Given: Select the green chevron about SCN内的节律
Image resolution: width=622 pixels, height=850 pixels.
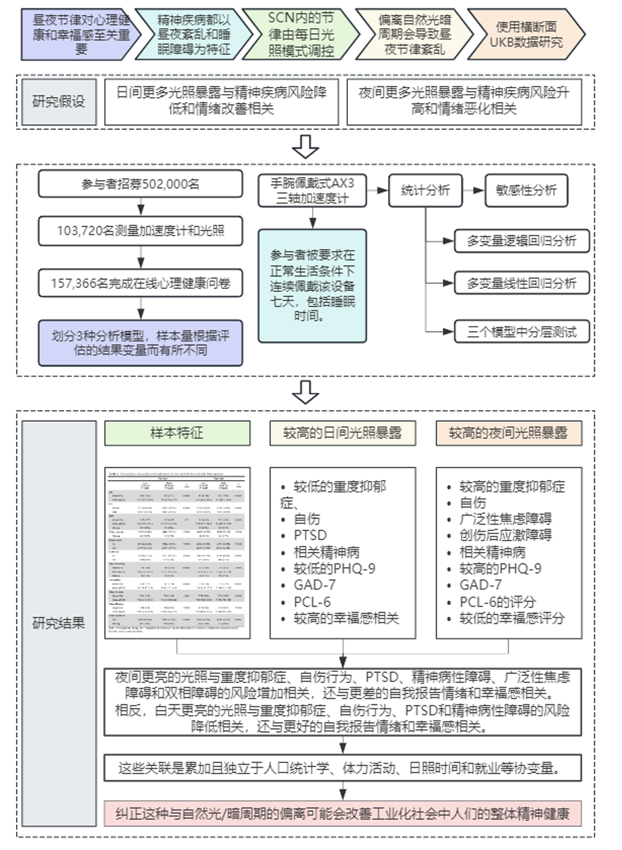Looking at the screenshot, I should tap(301, 34).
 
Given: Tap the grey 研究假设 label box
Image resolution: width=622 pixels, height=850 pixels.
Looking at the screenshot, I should tap(58, 101).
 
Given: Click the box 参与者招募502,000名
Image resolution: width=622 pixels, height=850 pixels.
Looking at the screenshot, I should tap(140, 184).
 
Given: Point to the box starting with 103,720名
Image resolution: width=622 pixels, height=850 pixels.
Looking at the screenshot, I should tap(140, 231).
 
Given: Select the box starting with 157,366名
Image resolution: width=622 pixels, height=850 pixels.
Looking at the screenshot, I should tap(140, 283).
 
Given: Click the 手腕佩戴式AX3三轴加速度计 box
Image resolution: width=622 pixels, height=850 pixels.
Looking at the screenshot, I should tap(312, 191).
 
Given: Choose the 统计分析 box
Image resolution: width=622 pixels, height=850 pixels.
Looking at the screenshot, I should tap(425, 190).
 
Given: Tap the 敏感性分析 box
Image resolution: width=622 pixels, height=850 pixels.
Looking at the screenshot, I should tap(526, 190).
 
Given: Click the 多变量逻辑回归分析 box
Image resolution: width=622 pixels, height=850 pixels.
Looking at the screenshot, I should tap(521, 241).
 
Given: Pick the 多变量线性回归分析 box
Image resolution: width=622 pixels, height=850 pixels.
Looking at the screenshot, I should tap(521, 283).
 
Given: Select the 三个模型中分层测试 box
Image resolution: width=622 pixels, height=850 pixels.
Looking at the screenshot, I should tap(521, 331).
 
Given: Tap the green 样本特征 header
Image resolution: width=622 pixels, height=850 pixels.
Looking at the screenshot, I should tap(177, 433).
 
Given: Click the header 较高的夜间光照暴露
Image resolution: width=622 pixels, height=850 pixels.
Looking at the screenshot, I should tap(508, 433).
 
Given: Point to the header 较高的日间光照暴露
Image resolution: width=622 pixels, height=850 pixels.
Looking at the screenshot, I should tap(342, 433).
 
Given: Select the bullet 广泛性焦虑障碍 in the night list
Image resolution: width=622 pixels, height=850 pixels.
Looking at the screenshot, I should tap(505, 519).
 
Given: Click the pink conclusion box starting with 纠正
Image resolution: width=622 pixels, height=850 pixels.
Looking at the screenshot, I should tap(342, 813).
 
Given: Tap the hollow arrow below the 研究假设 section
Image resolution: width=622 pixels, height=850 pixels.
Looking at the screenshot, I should tap(306, 146).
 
